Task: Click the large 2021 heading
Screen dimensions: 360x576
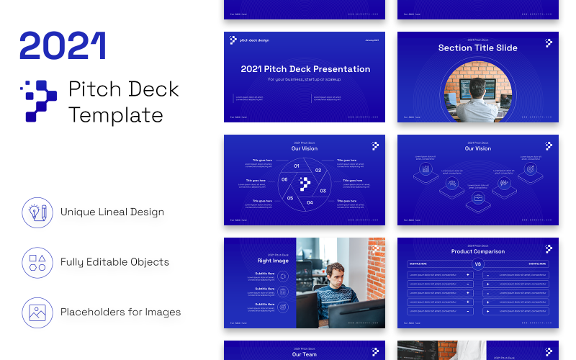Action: pyautogui.click(x=63, y=45)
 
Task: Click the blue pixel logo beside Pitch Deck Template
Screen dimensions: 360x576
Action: pyautogui.click(x=38, y=101)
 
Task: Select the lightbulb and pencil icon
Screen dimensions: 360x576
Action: pyautogui.click(x=37, y=212)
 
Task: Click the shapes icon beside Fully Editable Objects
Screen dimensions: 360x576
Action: pyautogui.click(x=37, y=262)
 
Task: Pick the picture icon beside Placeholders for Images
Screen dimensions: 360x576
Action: pyautogui.click(x=37, y=312)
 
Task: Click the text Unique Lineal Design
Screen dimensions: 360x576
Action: pyautogui.click(x=112, y=212)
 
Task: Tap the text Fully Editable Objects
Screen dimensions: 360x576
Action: pyautogui.click(x=114, y=262)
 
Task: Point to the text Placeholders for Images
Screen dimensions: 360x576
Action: pyautogui.click(x=120, y=312)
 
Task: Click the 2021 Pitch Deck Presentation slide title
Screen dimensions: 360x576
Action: pyautogui.click(x=305, y=69)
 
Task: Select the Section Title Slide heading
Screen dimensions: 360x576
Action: pyautogui.click(x=477, y=48)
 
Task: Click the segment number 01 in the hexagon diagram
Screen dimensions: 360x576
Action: pyautogui.click(x=297, y=166)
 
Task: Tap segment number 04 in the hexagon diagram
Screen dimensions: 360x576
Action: pyautogui.click(x=310, y=202)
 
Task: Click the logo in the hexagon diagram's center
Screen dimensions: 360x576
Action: pyautogui.click(x=305, y=184)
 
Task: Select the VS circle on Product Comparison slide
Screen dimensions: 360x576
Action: pyautogui.click(x=477, y=264)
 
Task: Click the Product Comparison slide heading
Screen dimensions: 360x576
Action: pyautogui.click(x=477, y=252)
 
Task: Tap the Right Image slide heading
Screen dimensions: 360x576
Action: pyautogui.click(x=273, y=261)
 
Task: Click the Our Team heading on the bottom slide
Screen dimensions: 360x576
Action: pyautogui.click(x=305, y=354)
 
